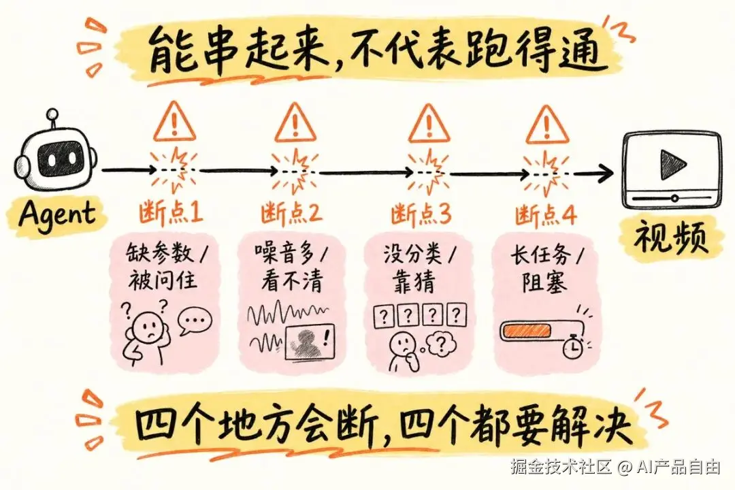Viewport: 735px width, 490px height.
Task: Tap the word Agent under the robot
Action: click(57, 215)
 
